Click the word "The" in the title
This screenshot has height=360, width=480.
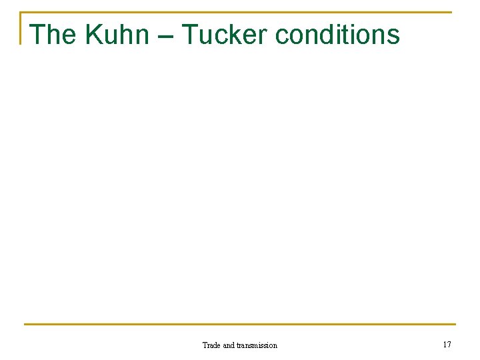(54, 34)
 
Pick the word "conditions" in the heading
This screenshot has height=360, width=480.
(337, 34)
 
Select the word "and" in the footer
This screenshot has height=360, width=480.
(229, 345)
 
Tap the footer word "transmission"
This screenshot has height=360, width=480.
(257, 345)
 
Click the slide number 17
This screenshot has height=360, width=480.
(447, 345)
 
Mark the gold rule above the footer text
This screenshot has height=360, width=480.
(240, 325)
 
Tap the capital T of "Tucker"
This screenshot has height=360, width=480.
(190, 34)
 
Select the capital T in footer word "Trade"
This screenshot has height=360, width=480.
(205, 345)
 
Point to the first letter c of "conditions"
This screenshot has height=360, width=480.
(281, 37)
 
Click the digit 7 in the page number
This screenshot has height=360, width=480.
(449, 345)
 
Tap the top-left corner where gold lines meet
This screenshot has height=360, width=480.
(21, 13)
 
